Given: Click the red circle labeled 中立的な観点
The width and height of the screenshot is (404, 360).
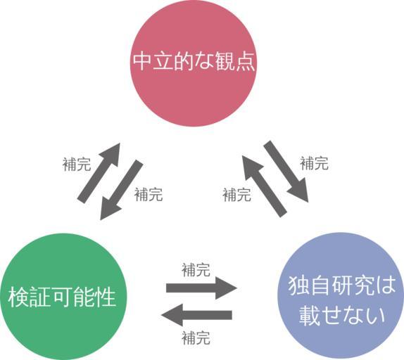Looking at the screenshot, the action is pyautogui.click(x=194, y=63).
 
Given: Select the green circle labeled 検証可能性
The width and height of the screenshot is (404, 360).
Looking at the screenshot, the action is pyautogui.click(x=63, y=297).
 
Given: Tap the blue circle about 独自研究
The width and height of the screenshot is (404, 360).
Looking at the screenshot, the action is pyautogui.click(x=341, y=296).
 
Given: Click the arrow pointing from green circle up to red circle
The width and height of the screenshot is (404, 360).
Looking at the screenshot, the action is pyautogui.click(x=99, y=173).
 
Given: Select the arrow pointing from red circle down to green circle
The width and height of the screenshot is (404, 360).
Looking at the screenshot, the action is pyautogui.click(x=121, y=190).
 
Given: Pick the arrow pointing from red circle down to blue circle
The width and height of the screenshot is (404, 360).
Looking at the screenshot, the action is pyautogui.click(x=286, y=172).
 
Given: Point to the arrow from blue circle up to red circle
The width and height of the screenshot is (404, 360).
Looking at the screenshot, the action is pyautogui.click(x=264, y=186).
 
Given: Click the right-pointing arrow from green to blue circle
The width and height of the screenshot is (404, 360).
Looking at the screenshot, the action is pyautogui.click(x=201, y=288).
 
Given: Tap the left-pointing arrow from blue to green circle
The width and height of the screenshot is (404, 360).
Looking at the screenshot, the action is pyautogui.click(x=196, y=315).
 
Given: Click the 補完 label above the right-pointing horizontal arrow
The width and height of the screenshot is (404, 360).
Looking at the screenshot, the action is pyautogui.click(x=196, y=270).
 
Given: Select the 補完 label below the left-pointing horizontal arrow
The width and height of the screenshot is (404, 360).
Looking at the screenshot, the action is pyautogui.click(x=196, y=338).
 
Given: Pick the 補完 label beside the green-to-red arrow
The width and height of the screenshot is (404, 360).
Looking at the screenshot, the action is pyautogui.click(x=77, y=164).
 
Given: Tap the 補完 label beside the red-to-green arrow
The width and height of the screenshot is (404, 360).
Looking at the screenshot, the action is pyautogui.click(x=149, y=194).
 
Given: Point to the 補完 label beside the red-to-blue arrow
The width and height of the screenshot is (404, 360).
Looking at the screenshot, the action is pyautogui.click(x=314, y=163).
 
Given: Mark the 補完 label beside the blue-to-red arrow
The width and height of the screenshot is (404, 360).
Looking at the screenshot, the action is pyautogui.click(x=236, y=195).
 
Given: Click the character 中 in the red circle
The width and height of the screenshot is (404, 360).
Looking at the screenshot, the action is pyautogui.click(x=142, y=61).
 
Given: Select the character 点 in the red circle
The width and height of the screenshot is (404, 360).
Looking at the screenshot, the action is pyautogui.click(x=245, y=61).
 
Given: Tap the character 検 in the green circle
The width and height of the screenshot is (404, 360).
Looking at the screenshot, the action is pyautogui.click(x=18, y=297).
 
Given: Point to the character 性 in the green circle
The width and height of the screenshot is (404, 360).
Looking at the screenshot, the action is pyautogui.click(x=105, y=297).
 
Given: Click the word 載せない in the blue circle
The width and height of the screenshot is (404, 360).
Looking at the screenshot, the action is pyautogui.click(x=341, y=315).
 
